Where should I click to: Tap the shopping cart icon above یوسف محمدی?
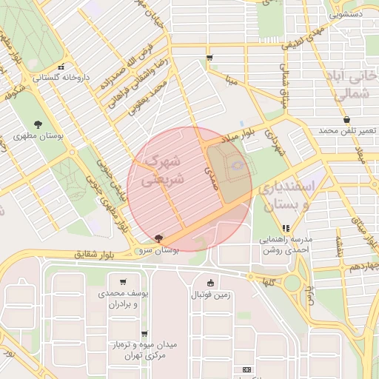(x=122, y=281)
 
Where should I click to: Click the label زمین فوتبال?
(x=211, y=295)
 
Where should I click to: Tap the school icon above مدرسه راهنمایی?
(x=286, y=228)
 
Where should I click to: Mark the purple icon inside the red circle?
(x=237, y=166)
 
